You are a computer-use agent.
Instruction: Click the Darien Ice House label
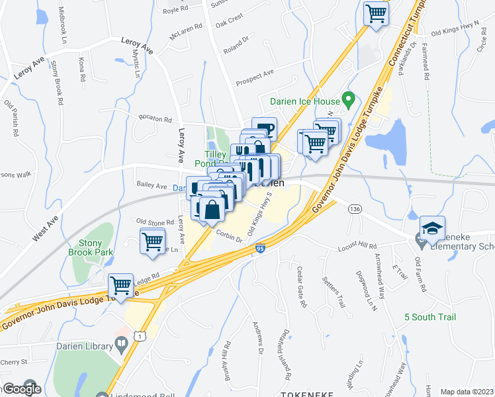[305, 102]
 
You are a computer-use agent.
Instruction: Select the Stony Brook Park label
[91, 247]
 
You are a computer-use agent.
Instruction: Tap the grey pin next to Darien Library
[121, 343]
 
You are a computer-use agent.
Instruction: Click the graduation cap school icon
[432, 228]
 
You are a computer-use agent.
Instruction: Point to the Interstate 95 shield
[260, 249]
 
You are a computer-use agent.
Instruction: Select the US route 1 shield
[137, 337]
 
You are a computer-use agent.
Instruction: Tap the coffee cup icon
[264, 128]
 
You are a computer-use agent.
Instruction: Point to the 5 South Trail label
[430, 317]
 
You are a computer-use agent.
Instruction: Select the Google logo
[22, 389]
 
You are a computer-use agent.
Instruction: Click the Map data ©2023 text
[466, 391]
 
